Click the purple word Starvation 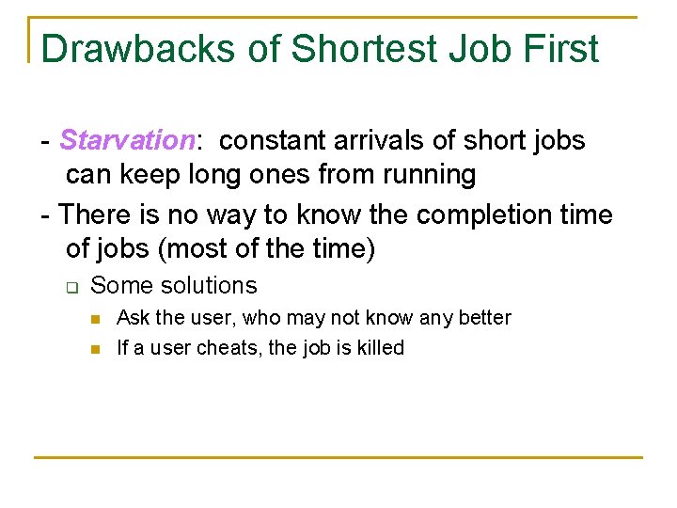[128, 141]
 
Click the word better [485, 318]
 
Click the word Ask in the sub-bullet [132, 318]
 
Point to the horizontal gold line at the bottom [338, 458]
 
